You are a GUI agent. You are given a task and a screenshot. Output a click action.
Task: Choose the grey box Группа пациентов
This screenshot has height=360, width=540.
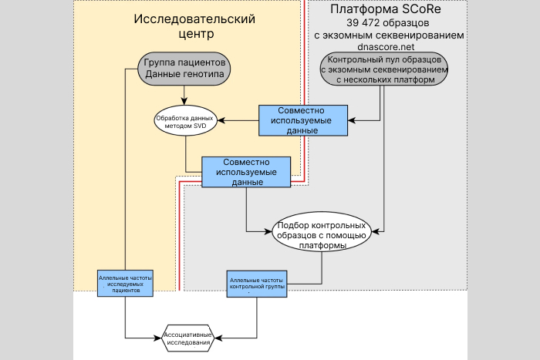coord(184,69)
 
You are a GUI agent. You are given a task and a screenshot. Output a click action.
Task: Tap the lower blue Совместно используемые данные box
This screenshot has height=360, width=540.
coord(247,172)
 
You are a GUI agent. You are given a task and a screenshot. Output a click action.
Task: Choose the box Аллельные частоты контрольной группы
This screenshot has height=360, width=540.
coord(257,283)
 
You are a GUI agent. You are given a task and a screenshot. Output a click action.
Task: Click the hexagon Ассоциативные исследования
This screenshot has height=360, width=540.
coord(190,338)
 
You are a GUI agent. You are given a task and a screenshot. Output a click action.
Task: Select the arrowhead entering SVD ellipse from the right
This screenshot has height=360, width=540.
coord(220,121)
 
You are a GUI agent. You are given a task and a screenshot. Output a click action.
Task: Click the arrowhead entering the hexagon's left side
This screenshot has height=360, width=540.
coord(159,338)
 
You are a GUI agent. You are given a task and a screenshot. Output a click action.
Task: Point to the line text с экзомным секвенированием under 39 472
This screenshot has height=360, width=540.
coord(390,35)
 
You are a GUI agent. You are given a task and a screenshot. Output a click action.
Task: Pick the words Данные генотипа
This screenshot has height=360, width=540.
coord(184,74)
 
